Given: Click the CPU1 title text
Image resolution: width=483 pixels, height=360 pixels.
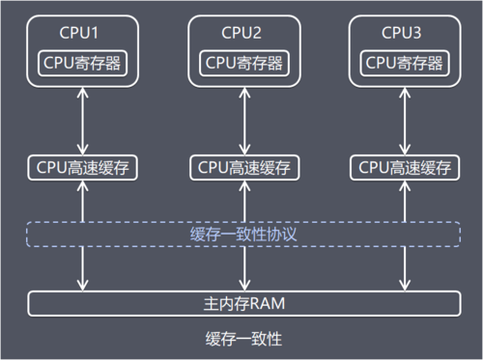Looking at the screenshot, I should point(82,33).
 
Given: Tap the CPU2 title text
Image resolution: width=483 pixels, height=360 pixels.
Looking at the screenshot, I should point(241,33).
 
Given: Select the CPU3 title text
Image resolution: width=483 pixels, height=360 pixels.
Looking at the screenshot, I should point(401,33).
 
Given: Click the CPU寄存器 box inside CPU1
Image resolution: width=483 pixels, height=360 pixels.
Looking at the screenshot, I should point(82,63).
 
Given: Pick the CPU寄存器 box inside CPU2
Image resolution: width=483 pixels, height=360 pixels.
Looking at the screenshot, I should point(241,63).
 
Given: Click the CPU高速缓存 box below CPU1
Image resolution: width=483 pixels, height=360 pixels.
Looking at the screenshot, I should point(82,166).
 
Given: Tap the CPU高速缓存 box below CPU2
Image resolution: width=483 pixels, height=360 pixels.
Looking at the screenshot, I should point(241,166).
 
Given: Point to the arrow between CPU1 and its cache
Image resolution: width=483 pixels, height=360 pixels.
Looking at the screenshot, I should point(84,121).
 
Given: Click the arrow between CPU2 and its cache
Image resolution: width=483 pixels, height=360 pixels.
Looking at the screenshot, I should point(242,121).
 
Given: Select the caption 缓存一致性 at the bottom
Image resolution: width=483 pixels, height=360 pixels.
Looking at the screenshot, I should point(241,339).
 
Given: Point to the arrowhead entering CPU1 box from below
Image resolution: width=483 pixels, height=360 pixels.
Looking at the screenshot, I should point(84,94).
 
